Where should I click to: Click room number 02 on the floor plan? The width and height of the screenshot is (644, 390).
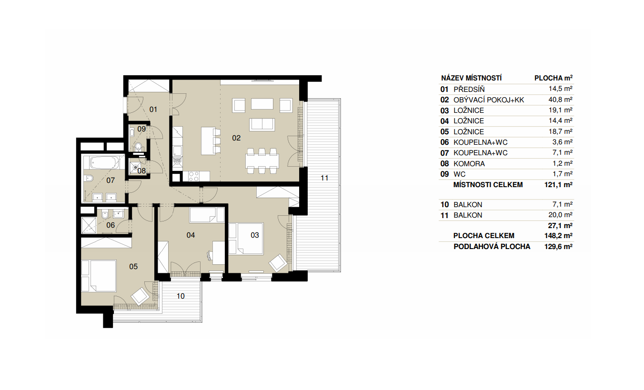tap(236, 138)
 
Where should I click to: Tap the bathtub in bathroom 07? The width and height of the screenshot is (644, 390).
tap(104, 162)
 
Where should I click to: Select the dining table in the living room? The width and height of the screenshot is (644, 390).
tap(262, 161)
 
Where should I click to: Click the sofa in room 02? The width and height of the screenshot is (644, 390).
tap(262, 124)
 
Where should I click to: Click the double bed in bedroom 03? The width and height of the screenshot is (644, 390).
tap(246, 239)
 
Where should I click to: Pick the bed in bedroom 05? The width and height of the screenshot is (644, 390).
tap(99, 276)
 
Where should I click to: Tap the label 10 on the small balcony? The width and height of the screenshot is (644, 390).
tap(180, 296)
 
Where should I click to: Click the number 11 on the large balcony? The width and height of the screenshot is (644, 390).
tap(324, 178)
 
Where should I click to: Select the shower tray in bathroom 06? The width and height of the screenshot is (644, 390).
tap(89, 225)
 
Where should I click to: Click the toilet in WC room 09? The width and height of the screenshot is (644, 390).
tap(138, 147)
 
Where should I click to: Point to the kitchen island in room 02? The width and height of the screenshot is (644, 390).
tap(208, 141)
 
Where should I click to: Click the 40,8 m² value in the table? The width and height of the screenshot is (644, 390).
tap(560, 100)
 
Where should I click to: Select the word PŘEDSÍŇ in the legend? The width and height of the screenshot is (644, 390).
tap(469, 89)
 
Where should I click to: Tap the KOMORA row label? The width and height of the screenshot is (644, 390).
tap(469, 163)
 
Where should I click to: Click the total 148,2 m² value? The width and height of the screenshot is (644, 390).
tap(558, 236)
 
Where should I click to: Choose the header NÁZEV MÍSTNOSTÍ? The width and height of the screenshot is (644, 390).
tap(471, 78)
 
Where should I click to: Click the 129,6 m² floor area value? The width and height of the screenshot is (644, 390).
tap(558, 246)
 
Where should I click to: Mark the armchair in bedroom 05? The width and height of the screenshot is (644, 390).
tap(140, 296)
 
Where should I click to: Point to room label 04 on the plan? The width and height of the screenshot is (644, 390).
tap(191, 235)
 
